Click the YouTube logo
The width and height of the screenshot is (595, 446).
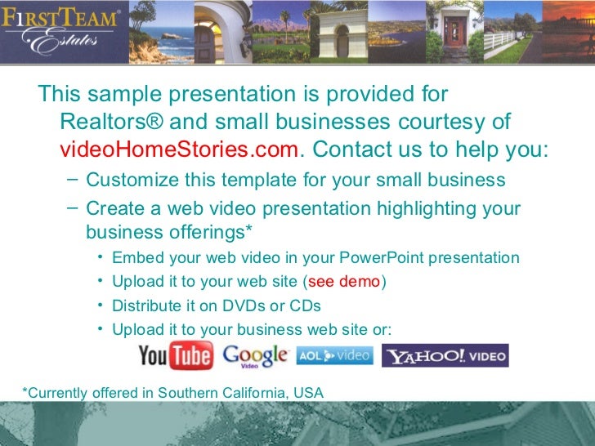coord(175,356)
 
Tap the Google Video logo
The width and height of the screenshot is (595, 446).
coord(255,356)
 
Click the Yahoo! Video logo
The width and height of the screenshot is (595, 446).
coord(445,356)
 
